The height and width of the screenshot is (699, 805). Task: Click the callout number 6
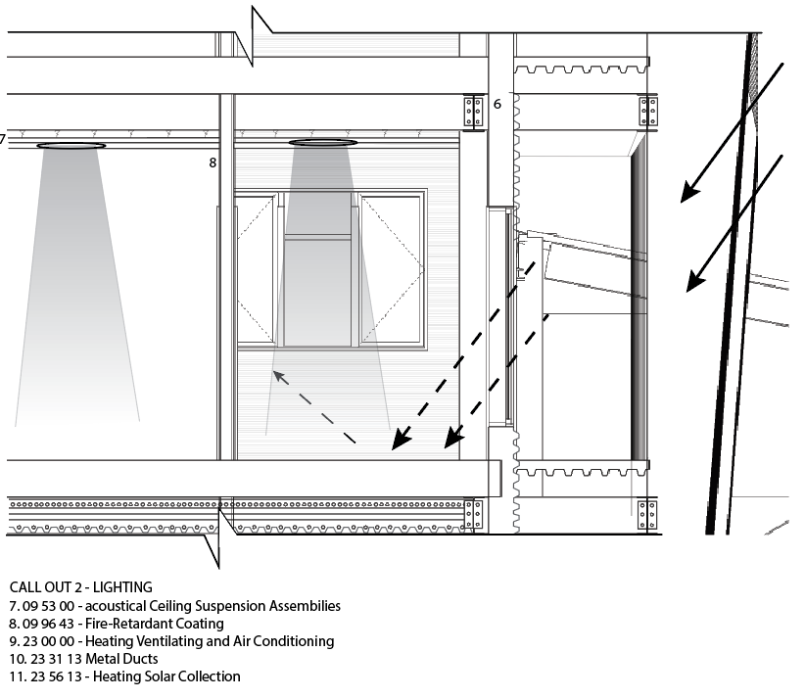[x=497, y=104]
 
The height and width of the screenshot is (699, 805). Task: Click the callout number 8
[x=213, y=163]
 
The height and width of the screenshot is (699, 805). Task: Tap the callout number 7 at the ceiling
[x=3, y=139]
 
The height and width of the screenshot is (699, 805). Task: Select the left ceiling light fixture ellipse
[x=71, y=146]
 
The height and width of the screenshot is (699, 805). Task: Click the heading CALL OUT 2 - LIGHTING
[x=80, y=587]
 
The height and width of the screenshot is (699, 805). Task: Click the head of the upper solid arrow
[x=688, y=194]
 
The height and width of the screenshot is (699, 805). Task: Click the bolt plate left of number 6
[x=473, y=112]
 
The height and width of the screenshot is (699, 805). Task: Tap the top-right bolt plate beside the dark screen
[x=647, y=112]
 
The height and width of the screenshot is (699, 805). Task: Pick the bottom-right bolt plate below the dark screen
[x=646, y=513]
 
